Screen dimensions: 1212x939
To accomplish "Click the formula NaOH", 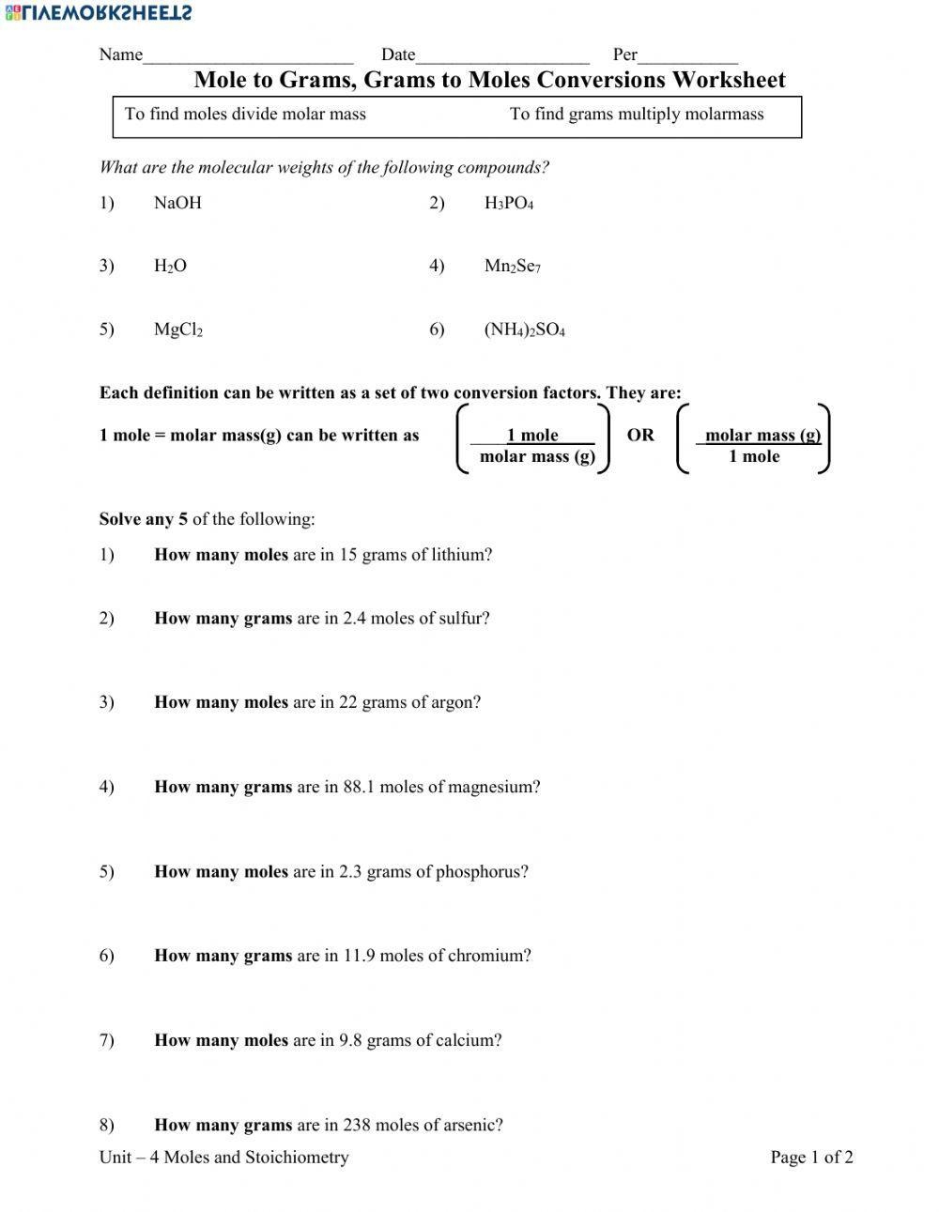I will [x=177, y=203].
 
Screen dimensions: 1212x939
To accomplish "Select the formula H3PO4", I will [x=509, y=204].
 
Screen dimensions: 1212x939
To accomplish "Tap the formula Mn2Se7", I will [x=513, y=267].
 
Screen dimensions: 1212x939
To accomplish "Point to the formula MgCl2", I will [x=178, y=330].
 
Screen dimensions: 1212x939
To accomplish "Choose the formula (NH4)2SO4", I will [x=525, y=330].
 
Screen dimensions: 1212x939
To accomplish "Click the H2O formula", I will [x=170, y=267].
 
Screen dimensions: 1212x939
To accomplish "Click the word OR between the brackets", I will [x=640, y=435].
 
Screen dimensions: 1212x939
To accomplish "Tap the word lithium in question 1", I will [x=461, y=555].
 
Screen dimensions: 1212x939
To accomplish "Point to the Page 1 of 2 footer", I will [x=811, y=1158].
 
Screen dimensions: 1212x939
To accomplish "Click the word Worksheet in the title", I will [x=729, y=80].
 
